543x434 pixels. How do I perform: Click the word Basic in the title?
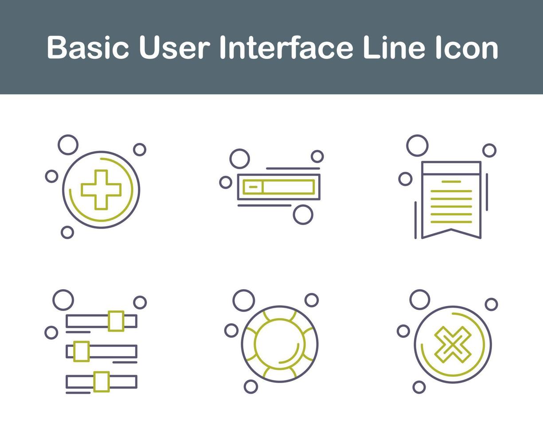tap(88, 48)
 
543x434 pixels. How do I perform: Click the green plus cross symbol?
tap(101, 190)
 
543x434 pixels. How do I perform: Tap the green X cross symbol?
tap(453, 345)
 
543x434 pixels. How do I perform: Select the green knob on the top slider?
tap(116, 321)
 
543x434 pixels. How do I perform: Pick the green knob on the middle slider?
tap(82, 351)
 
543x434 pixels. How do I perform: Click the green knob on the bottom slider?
tap(102, 381)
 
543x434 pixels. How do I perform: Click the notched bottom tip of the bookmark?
tap(451, 230)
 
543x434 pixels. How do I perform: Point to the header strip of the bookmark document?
tap(451, 168)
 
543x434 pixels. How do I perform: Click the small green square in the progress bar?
tap(253, 187)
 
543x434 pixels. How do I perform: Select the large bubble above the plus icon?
tap(68, 145)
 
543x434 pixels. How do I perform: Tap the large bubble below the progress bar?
tap(303, 214)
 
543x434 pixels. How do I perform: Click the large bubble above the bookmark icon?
tap(418, 145)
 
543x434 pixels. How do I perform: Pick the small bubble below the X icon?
tap(419, 387)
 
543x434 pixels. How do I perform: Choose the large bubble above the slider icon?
tap(63, 300)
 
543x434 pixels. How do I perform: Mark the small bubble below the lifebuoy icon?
tap(251, 387)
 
